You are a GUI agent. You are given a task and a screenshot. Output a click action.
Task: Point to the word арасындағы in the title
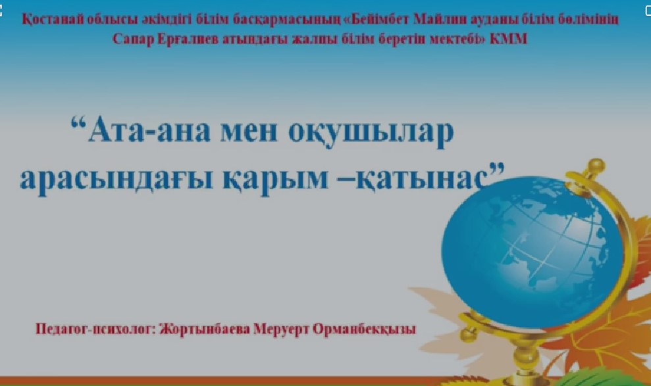(117, 180)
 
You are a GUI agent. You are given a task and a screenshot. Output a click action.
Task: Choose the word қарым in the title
(275, 180)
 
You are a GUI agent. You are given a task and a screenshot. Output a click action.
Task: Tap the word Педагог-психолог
(95, 329)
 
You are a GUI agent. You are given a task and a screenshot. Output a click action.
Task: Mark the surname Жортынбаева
(205, 329)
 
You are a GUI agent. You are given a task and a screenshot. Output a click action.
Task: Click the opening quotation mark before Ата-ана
(78, 122)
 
